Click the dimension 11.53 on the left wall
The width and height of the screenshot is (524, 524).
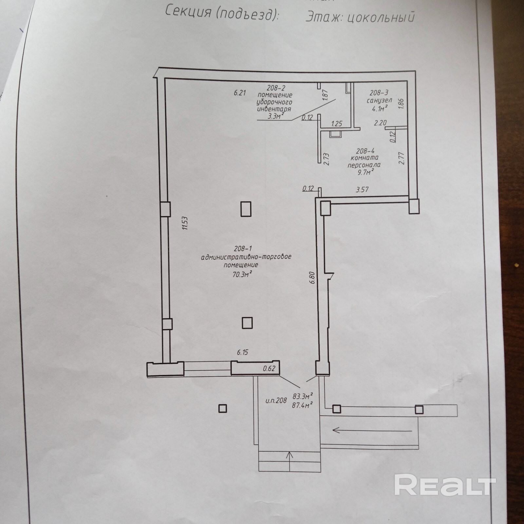coord(185,223)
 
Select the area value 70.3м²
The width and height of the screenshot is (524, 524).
coord(242,274)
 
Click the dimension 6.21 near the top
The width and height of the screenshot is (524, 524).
coord(239,93)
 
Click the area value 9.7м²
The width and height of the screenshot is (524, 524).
coord(365,172)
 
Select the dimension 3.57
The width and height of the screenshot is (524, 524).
coord(362,190)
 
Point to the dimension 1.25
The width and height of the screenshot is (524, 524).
coord(337,124)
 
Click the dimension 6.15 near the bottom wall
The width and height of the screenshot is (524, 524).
coord(243,352)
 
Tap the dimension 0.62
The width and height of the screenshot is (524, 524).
coord(269,368)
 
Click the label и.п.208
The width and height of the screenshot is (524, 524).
coord(276,400)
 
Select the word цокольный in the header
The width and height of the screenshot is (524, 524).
coord(380,17)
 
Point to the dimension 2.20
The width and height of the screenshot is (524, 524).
coord(381,123)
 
